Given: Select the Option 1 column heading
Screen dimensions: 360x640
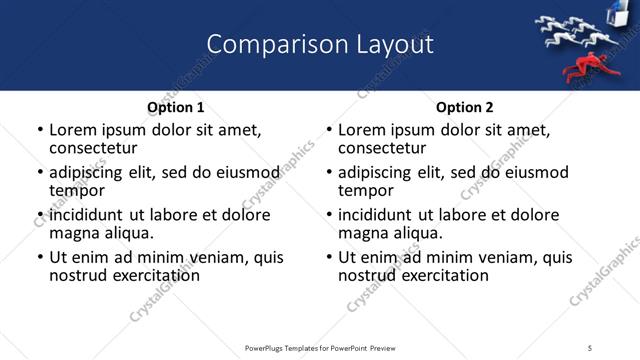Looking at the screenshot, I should click(176, 107).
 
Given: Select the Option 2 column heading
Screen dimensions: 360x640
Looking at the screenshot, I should click(465, 107).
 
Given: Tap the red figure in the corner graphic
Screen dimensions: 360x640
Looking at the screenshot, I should click(582, 69).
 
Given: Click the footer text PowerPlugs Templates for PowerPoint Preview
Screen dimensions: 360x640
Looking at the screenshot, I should click(320, 347).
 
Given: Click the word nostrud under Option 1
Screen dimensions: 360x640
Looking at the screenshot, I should click(79, 275).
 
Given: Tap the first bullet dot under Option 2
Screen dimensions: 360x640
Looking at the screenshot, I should click(329, 131).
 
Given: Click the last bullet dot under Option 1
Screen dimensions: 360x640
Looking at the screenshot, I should click(40, 258).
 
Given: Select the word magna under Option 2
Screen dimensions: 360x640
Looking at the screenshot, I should click(363, 233).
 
